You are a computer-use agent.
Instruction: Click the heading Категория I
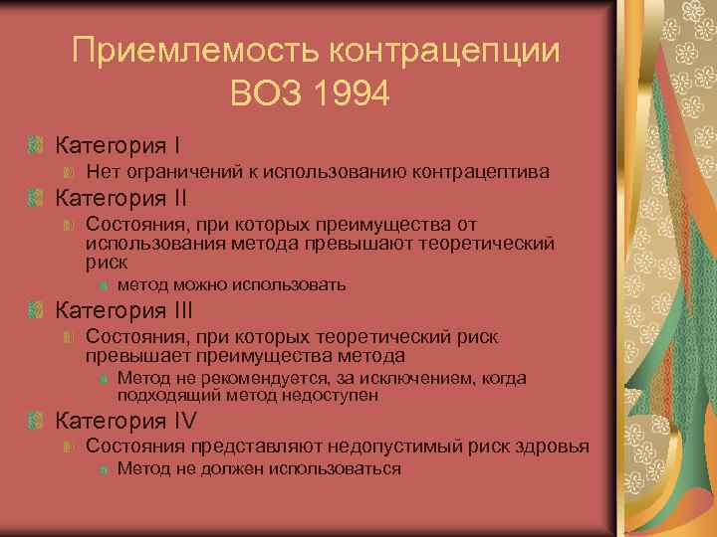(118, 146)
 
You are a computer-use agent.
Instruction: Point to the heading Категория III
(124, 309)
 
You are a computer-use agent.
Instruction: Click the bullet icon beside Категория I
(37, 147)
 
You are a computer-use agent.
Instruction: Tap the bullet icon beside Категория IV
(37, 420)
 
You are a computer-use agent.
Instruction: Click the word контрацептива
(483, 172)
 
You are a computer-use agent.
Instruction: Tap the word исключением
(399, 378)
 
